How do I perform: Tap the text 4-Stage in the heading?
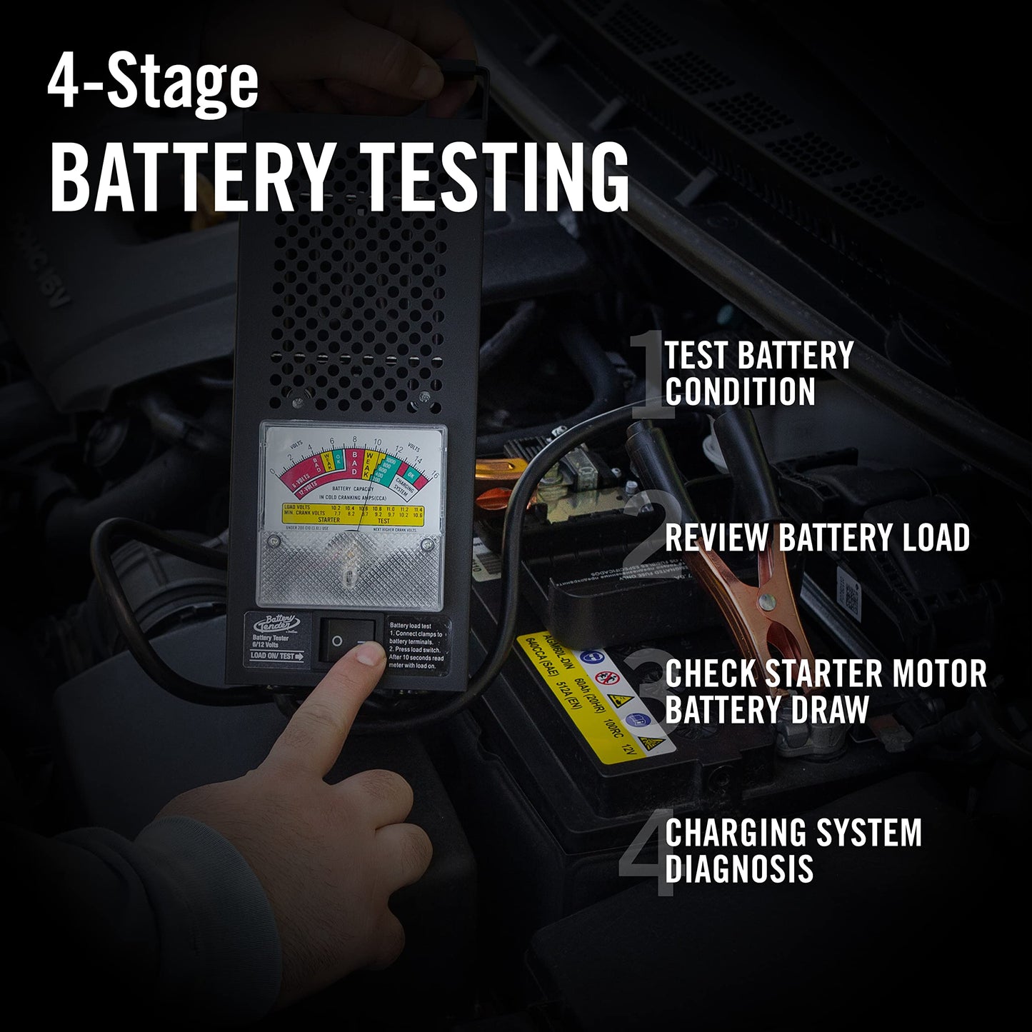pos(153,84)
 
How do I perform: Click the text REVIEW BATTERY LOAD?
pos(817,537)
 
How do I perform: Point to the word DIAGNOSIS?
pos(739,868)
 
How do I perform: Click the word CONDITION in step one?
pos(740,391)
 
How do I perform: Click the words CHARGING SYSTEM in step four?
pos(793,833)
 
